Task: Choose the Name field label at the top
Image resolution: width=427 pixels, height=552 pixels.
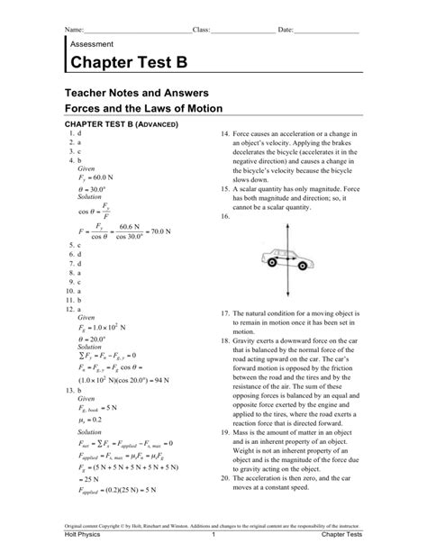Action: pyautogui.click(x=74, y=30)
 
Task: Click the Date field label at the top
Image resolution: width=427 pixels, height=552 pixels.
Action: pyautogui.click(x=286, y=30)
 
